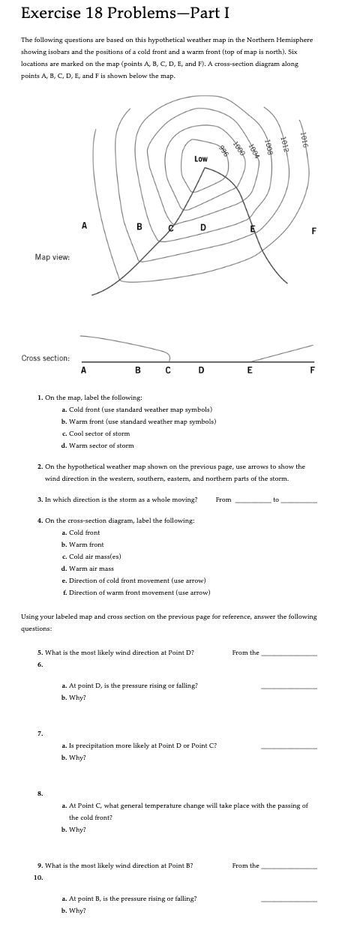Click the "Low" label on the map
201,159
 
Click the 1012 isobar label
284,142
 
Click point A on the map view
84,224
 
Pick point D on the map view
202,228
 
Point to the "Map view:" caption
52,257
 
